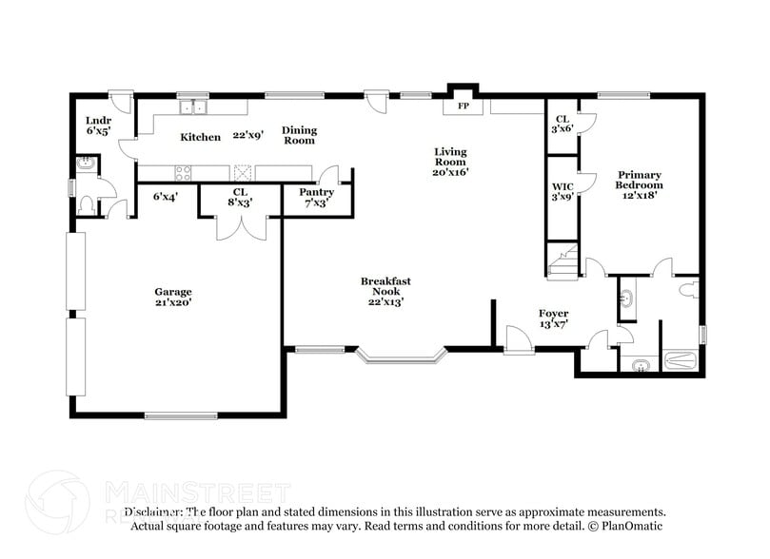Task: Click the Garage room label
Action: (173, 292)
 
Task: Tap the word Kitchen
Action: (201, 137)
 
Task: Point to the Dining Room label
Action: (299, 135)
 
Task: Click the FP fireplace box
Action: (464, 106)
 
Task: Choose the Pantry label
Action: (316, 191)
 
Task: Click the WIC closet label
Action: (562, 186)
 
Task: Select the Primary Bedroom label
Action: (640, 180)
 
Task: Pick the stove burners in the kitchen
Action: (183, 172)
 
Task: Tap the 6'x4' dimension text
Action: (167, 197)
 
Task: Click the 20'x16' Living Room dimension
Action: (450, 173)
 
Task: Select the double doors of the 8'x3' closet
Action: (241, 226)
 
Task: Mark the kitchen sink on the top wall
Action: (195, 106)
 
